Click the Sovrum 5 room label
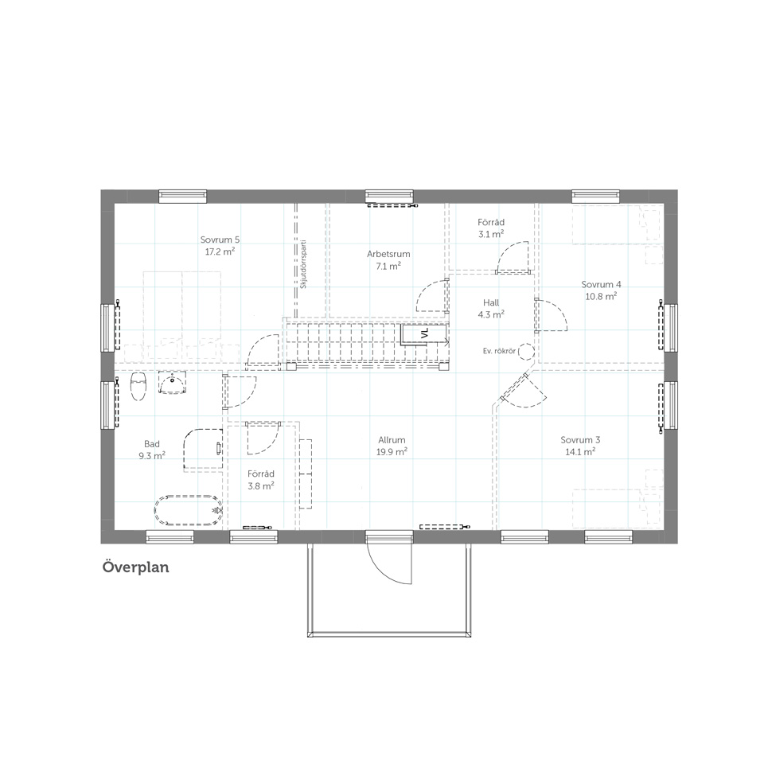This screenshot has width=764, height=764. coord(220,246)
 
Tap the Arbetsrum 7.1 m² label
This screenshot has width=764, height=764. coord(388,259)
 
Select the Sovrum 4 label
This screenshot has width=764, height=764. coord(601,290)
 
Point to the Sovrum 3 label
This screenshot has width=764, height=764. coord(580,446)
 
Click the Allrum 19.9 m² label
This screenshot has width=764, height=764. coord(392,446)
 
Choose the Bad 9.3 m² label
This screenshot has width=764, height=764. coord(151,450)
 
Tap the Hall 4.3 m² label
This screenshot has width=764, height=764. coord(491,309)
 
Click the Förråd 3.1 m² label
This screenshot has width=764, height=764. coord(491,228)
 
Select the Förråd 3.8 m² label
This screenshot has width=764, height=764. coord(261,479)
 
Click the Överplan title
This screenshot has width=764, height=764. coord(135,567)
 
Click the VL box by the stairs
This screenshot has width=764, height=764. coord(424,333)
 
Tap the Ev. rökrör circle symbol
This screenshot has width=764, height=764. coord(526,351)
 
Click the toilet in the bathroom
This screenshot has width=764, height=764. coord(138,387)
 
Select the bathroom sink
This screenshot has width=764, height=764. coord(172,383)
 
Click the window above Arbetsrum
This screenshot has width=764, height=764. coord(389,196)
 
